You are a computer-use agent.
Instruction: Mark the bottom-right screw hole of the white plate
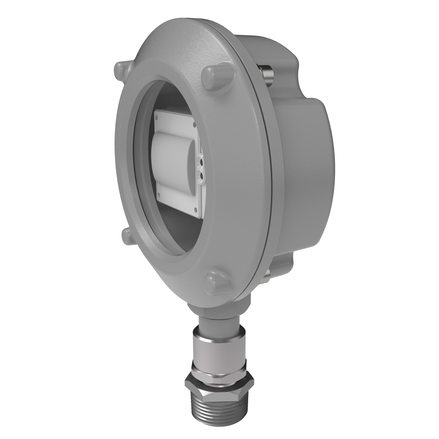[196, 208]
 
